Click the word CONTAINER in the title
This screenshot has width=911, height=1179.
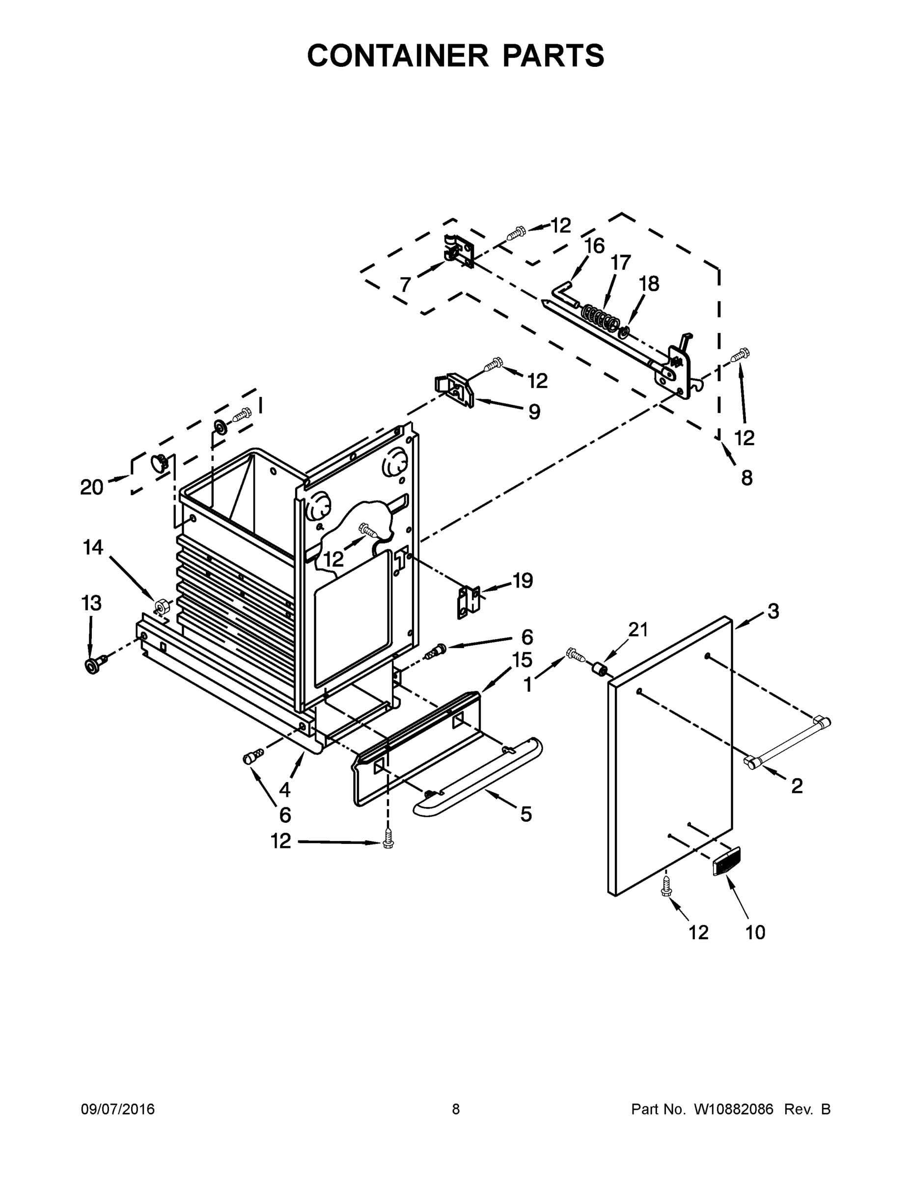pos(398,55)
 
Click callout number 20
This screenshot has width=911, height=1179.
pos(91,487)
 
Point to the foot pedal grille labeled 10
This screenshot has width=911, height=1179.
pos(726,861)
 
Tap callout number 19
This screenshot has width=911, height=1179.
pos(522,580)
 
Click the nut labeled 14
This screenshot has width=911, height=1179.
pos(160,606)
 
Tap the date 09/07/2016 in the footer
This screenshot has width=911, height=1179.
pos(118,1109)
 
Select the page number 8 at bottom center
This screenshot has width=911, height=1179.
pos(456,1109)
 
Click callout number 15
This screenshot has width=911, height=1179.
pos(522,660)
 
